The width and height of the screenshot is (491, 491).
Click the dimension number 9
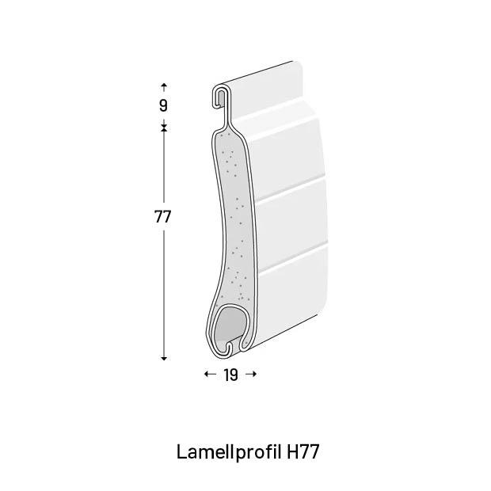click(163, 105)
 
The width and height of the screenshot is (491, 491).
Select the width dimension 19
click(230, 375)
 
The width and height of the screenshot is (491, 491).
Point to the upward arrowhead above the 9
click(164, 85)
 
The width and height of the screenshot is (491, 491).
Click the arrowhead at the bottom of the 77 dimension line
click(164, 358)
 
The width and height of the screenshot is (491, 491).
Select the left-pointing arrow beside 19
click(209, 375)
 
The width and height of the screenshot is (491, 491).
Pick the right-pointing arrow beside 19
click(251, 375)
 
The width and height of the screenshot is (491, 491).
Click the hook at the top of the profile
click(220, 97)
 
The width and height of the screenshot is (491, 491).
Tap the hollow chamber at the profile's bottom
click(232, 325)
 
